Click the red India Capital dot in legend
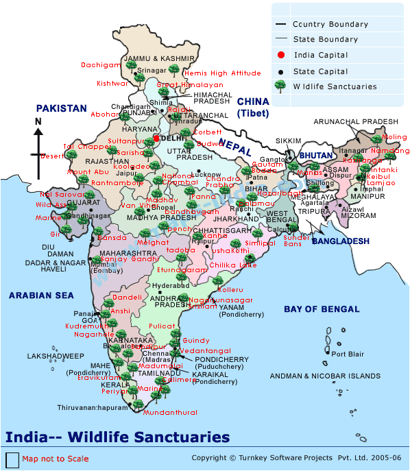coord(280,55)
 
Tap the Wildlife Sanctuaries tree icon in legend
coord(280,86)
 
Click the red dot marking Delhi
coord(156,138)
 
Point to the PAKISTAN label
coord(62,108)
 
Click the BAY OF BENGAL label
coord(321,309)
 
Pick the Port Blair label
coord(347,354)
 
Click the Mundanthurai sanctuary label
coord(171,413)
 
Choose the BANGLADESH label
coord(341,241)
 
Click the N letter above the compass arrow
coord(38,122)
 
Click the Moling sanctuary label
coord(394,137)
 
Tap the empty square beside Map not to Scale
coord(12,459)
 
